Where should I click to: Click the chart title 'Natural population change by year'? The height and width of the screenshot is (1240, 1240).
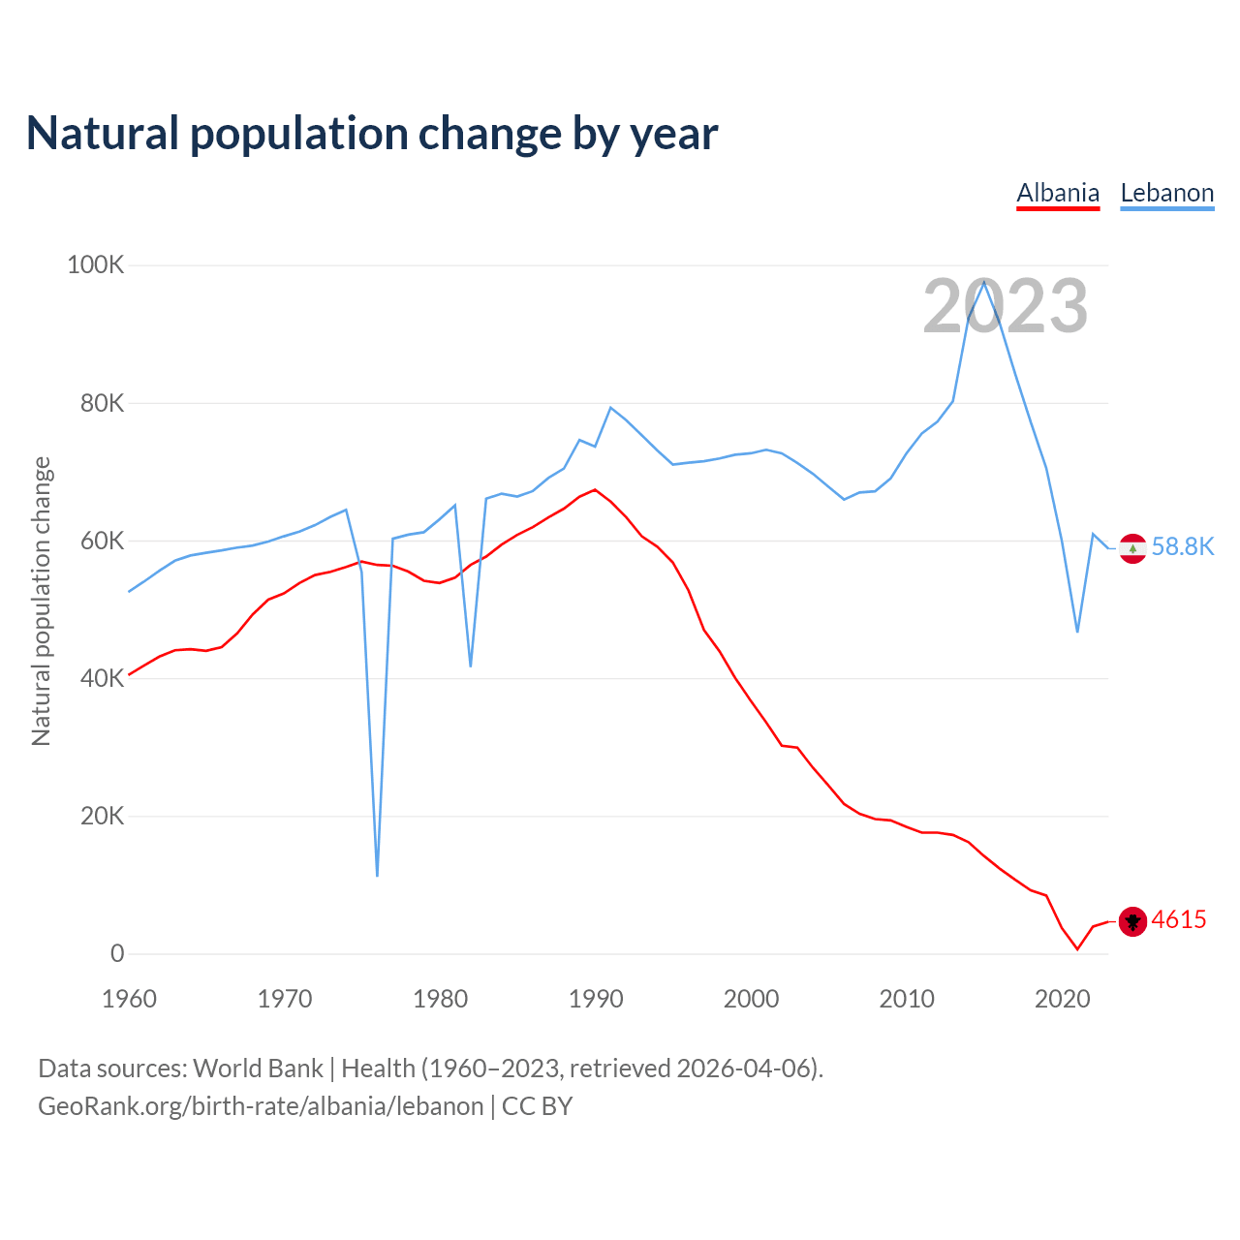(x=372, y=134)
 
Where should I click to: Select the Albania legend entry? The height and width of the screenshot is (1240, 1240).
(x=1058, y=193)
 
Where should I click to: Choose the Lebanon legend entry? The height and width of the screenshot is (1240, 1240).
(x=1166, y=193)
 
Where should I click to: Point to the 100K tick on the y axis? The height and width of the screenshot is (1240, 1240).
(x=95, y=264)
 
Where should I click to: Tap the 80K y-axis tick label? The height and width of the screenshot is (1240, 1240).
(x=102, y=403)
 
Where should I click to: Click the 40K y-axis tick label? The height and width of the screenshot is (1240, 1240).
(x=102, y=678)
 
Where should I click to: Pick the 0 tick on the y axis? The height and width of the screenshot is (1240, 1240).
(x=117, y=953)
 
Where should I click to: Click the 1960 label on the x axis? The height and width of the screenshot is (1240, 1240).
(x=129, y=999)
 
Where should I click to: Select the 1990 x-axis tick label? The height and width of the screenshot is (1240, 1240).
(x=596, y=999)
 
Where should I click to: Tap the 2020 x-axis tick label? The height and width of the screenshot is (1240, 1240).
(x=1063, y=999)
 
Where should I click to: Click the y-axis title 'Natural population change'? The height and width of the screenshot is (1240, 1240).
(x=41, y=602)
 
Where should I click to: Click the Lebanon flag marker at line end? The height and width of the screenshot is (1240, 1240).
(x=1132, y=548)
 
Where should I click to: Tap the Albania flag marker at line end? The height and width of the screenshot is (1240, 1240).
(x=1132, y=921)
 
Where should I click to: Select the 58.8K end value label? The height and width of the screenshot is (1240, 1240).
(x=1183, y=546)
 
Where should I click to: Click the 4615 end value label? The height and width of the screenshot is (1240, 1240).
(x=1179, y=919)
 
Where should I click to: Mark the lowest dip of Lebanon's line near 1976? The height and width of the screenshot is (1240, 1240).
(x=377, y=875)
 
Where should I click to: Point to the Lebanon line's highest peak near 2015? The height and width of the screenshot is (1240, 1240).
(x=984, y=281)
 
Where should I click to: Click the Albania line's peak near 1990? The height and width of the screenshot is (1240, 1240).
(x=595, y=489)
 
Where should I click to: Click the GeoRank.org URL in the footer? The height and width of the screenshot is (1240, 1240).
(x=261, y=1106)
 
